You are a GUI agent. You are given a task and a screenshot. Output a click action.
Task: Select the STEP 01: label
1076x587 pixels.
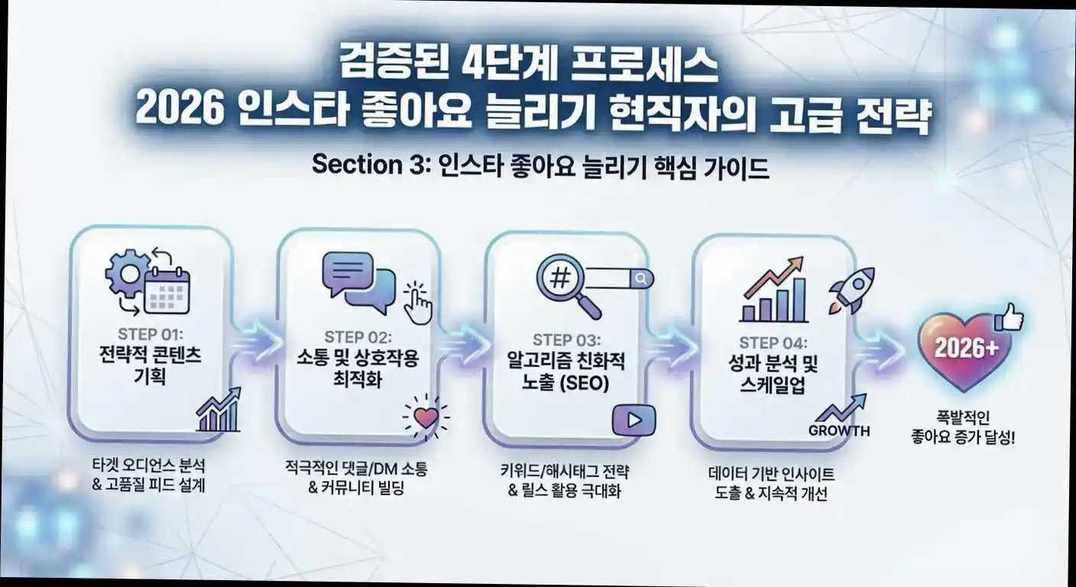[x=151, y=334]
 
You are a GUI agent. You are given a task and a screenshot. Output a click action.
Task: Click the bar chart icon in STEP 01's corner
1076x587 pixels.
[x=219, y=412]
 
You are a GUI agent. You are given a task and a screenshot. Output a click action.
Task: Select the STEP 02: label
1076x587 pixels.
[x=358, y=337]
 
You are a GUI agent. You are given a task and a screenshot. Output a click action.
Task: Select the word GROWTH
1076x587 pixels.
[x=839, y=430]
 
